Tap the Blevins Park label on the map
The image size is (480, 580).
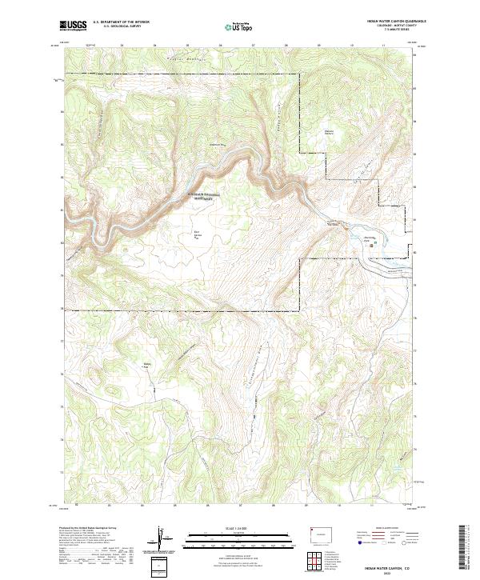[x=328, y=133]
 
